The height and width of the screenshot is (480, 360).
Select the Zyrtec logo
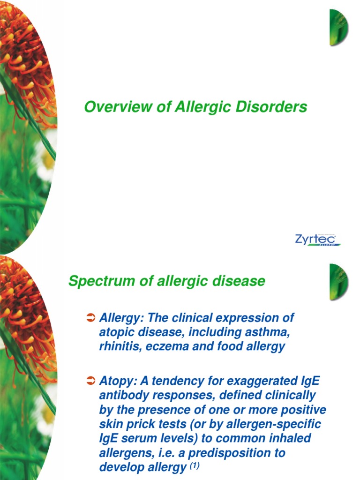click(x=317, y=240)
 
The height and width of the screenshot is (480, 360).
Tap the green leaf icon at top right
click(x=338, y=27)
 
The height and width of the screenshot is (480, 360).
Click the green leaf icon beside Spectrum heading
click(x=338, y=281)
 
